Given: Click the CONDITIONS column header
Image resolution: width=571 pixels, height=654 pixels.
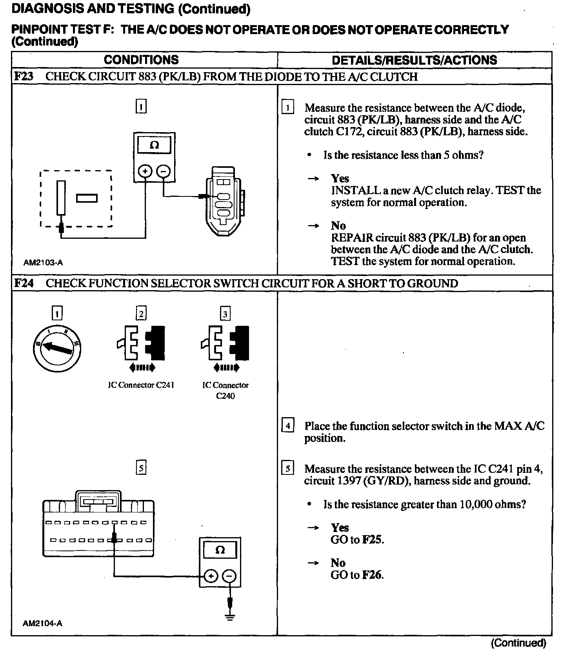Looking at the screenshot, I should pyautogui.click(x=141, y=60).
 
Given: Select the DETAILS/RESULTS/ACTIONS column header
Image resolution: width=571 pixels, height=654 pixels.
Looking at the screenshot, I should pyautogui.click(x=414, y=60).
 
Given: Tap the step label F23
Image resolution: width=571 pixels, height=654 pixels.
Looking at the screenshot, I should pyautogui.click(x=24, y=76).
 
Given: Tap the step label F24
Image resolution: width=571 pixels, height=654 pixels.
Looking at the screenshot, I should pyautogui.click(x=24, y=283).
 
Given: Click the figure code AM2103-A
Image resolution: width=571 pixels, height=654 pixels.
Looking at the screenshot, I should pyautogui.click(x=43, y=263).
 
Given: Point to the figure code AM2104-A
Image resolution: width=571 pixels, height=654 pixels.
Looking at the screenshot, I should pyautogui.click(x=42, y=623).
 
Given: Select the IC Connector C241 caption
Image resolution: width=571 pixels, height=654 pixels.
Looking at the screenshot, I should pyautogui.click(x=141, y=385).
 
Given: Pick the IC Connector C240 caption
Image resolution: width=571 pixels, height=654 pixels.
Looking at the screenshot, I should pyautogui.click(x=225, y=390).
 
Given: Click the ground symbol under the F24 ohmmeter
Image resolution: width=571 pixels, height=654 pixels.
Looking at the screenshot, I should pyautogui.click(x=230, y=617).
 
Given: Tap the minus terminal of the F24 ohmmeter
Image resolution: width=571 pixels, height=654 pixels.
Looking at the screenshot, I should pyautogui.click(x=229, y=576).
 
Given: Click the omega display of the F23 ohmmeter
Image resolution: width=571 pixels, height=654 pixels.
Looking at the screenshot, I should pyautogui.click(x=155, y=145).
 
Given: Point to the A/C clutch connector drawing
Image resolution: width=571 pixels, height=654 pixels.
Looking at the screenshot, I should pyautogui.click(x=223, y=200).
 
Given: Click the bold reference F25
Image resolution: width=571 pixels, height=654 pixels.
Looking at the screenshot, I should pyautogui.click(x=372, y=540).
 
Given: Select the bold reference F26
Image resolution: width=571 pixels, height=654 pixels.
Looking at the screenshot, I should pyautogui.click(x=372, y=575).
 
